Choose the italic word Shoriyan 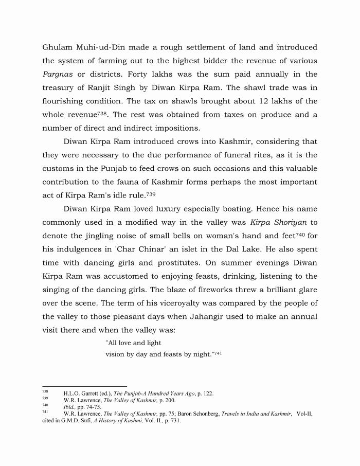tap(288, 222)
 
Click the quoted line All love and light tap(134, 343)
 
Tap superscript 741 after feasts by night tap(216, 353)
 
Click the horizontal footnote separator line tap(84, 386)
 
